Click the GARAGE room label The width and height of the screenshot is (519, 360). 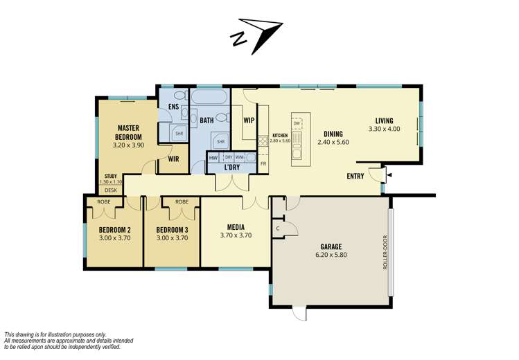click(331, 246)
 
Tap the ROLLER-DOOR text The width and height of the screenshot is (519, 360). click(385, 252)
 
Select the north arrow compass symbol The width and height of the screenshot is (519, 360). click(256, 35)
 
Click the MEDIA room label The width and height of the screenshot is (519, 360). click(236, 228)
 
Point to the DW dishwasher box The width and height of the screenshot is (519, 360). click(297, 123)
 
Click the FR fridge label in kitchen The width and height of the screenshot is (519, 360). click(263, 163)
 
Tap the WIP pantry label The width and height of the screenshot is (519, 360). click(249, 120)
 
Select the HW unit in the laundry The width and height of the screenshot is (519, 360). click(213, 158)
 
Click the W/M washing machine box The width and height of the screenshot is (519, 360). click(240, 157)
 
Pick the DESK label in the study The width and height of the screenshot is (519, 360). click(111, 190)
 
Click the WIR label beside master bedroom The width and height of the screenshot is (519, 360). click(173, 159)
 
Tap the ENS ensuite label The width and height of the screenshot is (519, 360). click(173, 107)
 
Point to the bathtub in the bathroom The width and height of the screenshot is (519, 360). click(210, 96)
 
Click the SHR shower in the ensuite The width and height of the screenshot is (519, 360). click(179, 133)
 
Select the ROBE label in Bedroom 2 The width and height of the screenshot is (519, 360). click(104, 201)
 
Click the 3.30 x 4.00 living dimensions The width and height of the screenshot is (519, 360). click(385, 129)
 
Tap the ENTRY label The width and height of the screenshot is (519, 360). click(355, 177)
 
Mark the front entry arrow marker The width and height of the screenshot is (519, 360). click(390, 175)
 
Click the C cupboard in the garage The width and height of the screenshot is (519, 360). click(278, 228)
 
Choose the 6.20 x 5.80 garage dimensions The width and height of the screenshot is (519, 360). click(331, 255)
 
